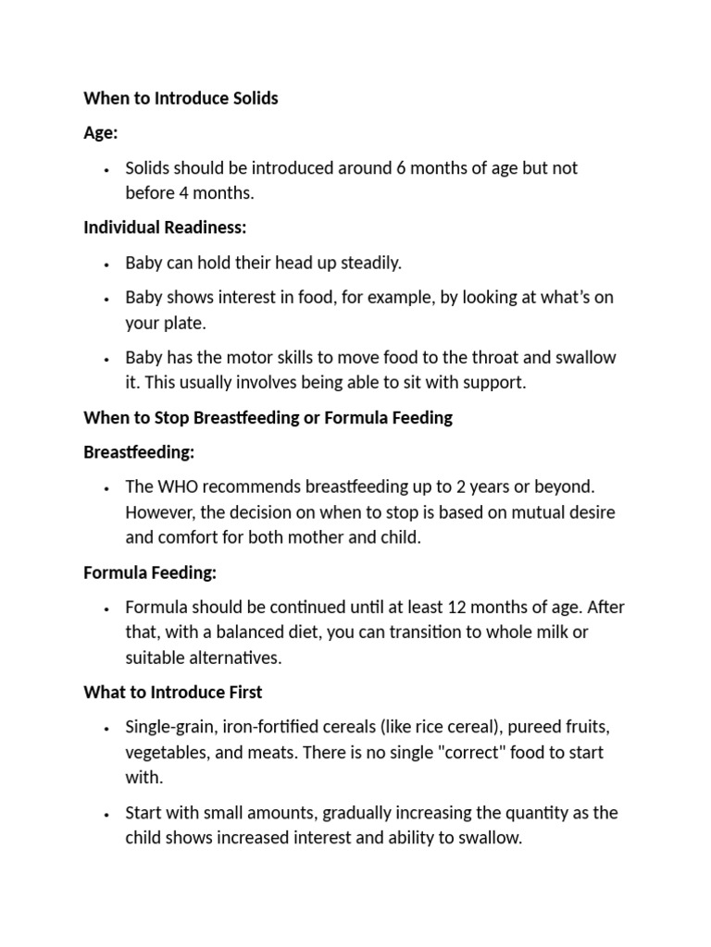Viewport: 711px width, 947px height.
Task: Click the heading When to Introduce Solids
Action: click(181, 98)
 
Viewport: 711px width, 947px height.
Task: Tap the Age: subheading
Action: click(101, 133)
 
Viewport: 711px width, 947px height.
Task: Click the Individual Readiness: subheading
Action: click(165, 228)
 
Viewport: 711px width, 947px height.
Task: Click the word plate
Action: click(182, 323)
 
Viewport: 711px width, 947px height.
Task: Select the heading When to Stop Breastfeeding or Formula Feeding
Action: click(268, 418)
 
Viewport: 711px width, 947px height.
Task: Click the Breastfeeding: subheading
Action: click(139, 453)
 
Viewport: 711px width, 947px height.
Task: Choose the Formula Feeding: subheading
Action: click(150, 573)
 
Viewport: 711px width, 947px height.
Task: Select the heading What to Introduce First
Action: click(173, 693)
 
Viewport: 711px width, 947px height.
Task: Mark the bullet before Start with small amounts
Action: click(107, 814)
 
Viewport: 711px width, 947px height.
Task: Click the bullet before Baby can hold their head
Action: click(107, 264)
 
